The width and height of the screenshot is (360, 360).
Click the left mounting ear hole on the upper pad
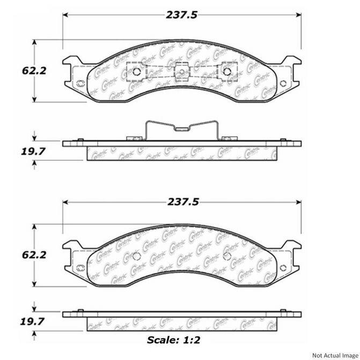tap(80, 84)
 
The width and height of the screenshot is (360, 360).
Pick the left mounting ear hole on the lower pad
tap(80, 269)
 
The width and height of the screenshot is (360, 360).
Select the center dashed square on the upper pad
tap(182, 71)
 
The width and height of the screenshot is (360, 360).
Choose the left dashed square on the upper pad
tap(136, 71)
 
